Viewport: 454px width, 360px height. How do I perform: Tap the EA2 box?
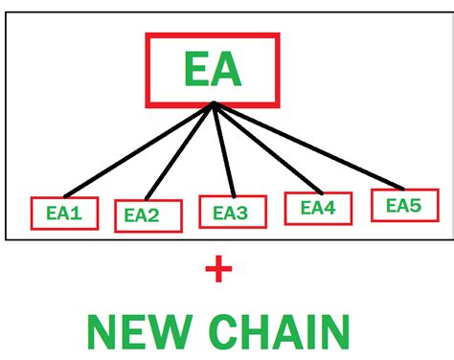pos(148,215)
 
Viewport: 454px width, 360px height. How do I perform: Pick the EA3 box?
pos(232,211)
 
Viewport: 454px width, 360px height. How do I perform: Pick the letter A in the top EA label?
pos(231,69)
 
